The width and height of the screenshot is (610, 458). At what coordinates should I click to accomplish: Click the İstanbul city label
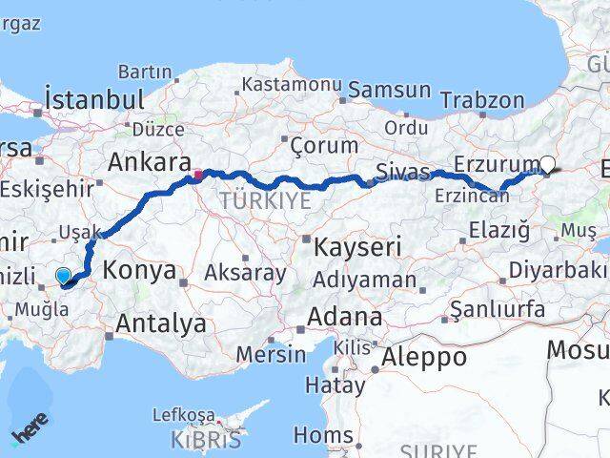click(94, 99)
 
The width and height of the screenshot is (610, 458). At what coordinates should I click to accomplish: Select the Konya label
click(139, 270)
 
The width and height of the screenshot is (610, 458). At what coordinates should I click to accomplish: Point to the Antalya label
click(160, 323)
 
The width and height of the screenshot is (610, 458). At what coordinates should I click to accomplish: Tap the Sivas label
click(397, 173)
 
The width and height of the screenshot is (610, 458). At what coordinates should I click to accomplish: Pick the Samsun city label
click(389, 91)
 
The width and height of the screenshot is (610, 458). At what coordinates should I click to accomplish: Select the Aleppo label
click(424, 358)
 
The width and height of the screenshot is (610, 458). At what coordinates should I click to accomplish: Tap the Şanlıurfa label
click(497, 309)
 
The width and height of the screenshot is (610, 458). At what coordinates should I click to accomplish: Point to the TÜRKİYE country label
click(265, 200)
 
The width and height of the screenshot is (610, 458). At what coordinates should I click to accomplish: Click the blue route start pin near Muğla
click(63, 277)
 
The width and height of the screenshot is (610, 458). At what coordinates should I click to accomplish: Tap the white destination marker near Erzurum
click(548, 163)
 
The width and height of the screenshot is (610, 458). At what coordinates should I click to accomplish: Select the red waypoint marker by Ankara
click(198, 175)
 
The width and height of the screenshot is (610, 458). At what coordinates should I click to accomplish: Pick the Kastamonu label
click(291, 85)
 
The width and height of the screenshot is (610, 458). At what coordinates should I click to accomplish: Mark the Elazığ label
click(499, 229)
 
